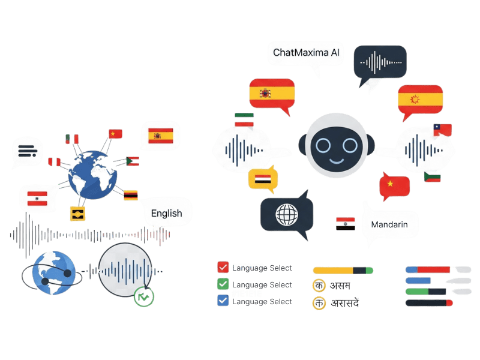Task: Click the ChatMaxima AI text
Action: (306, 53)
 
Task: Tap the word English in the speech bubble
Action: (166, 213)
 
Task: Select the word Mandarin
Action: (389, 224)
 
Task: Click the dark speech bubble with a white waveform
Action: (380, 62)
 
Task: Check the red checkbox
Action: (223, 267)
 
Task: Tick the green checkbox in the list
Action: (223, 284)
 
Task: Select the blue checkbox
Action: (223, 301)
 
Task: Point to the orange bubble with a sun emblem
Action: (420, 99)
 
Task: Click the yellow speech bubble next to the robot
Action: (263, 179)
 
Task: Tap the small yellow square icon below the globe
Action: (77, 212)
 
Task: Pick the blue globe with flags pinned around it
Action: (93, 174)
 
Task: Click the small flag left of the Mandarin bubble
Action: (346, 224)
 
